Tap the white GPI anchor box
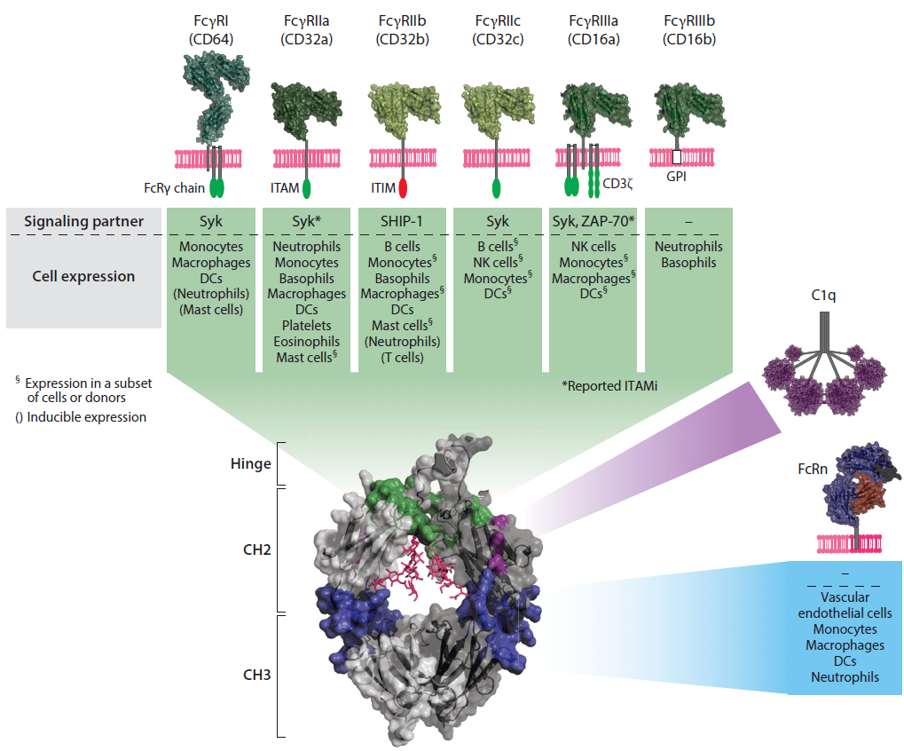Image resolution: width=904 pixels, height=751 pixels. (676, 157)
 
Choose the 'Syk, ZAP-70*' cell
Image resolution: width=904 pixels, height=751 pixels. (593, 220)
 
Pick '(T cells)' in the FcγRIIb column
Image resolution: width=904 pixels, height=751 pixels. (403, 359)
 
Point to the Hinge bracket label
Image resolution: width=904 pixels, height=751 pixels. (252, 464)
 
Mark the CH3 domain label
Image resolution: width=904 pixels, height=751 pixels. (255, 675)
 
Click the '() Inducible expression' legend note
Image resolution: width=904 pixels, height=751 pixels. (81, 417)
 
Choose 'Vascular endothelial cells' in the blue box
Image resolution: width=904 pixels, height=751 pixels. (845, 605)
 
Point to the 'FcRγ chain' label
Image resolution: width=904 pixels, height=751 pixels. (175, 187)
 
